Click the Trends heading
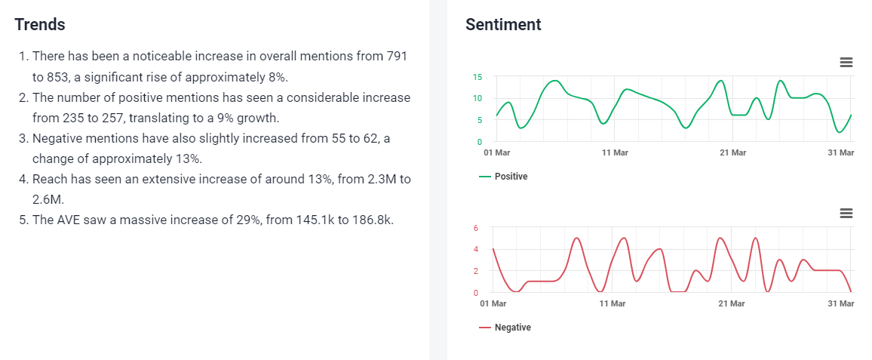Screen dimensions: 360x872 pos(40,24)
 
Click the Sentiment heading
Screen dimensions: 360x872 pos(503,24)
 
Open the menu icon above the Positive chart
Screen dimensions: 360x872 pos(846,62)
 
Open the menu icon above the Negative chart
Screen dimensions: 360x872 pos(846,214)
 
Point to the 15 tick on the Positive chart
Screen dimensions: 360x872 pos(477,76)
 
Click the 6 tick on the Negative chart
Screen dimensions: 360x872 pos(476,227)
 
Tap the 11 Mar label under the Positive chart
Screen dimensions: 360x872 pos(615,152)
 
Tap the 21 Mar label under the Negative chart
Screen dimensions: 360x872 pos(731,303)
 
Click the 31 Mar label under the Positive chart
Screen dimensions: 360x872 pos(840,152)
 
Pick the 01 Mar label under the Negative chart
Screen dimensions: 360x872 pos(493,303)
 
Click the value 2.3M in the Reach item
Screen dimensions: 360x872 pos(373,180)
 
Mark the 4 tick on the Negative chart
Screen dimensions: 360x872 pos(476,249)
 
